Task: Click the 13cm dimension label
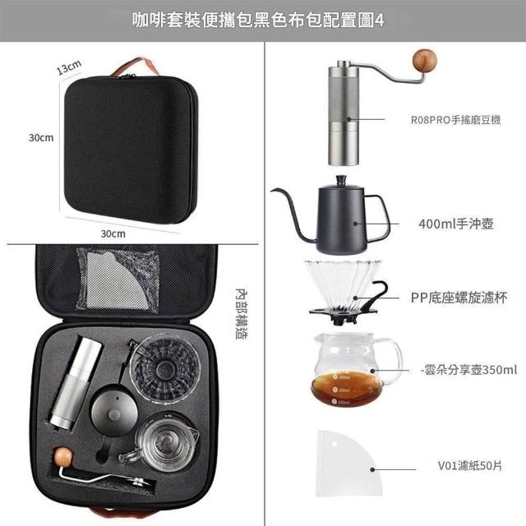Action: coord(69,67)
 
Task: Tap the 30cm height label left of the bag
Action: coord(41,137)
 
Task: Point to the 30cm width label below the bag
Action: coord(113,233)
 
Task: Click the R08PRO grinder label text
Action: coord(455,120)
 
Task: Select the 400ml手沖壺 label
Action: coord(456,224)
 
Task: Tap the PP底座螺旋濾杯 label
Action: coord(459,298)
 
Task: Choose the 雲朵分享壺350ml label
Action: coord(468,370)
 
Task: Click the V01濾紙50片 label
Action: coord(469,466)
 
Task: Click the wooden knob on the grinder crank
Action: coord(425,61)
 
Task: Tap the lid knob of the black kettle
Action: coord(341,180)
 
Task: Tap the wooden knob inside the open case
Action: coord(63,457)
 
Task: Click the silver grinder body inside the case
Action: coord(76,382)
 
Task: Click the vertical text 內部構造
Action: coord(241,314)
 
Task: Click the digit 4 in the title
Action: coord(379,21)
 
